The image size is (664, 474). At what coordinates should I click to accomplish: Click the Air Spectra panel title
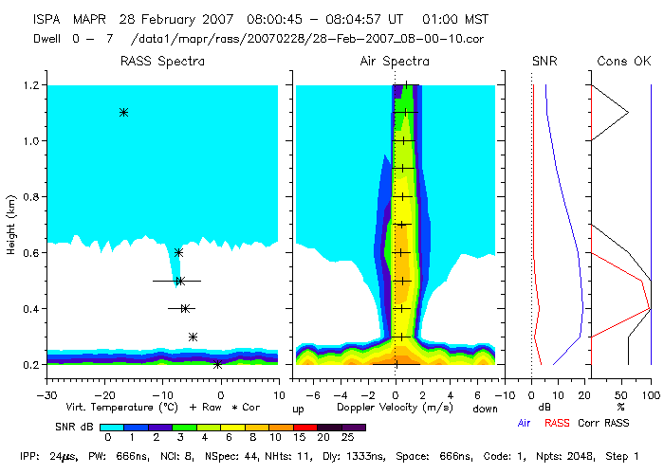395,62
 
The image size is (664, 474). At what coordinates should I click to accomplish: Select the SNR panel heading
544,62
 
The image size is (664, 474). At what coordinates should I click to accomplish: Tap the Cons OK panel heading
623,62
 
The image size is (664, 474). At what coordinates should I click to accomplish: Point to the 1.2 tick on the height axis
30,85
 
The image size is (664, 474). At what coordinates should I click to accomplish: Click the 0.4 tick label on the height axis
30,309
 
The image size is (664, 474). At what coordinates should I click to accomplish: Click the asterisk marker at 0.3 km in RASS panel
193,337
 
